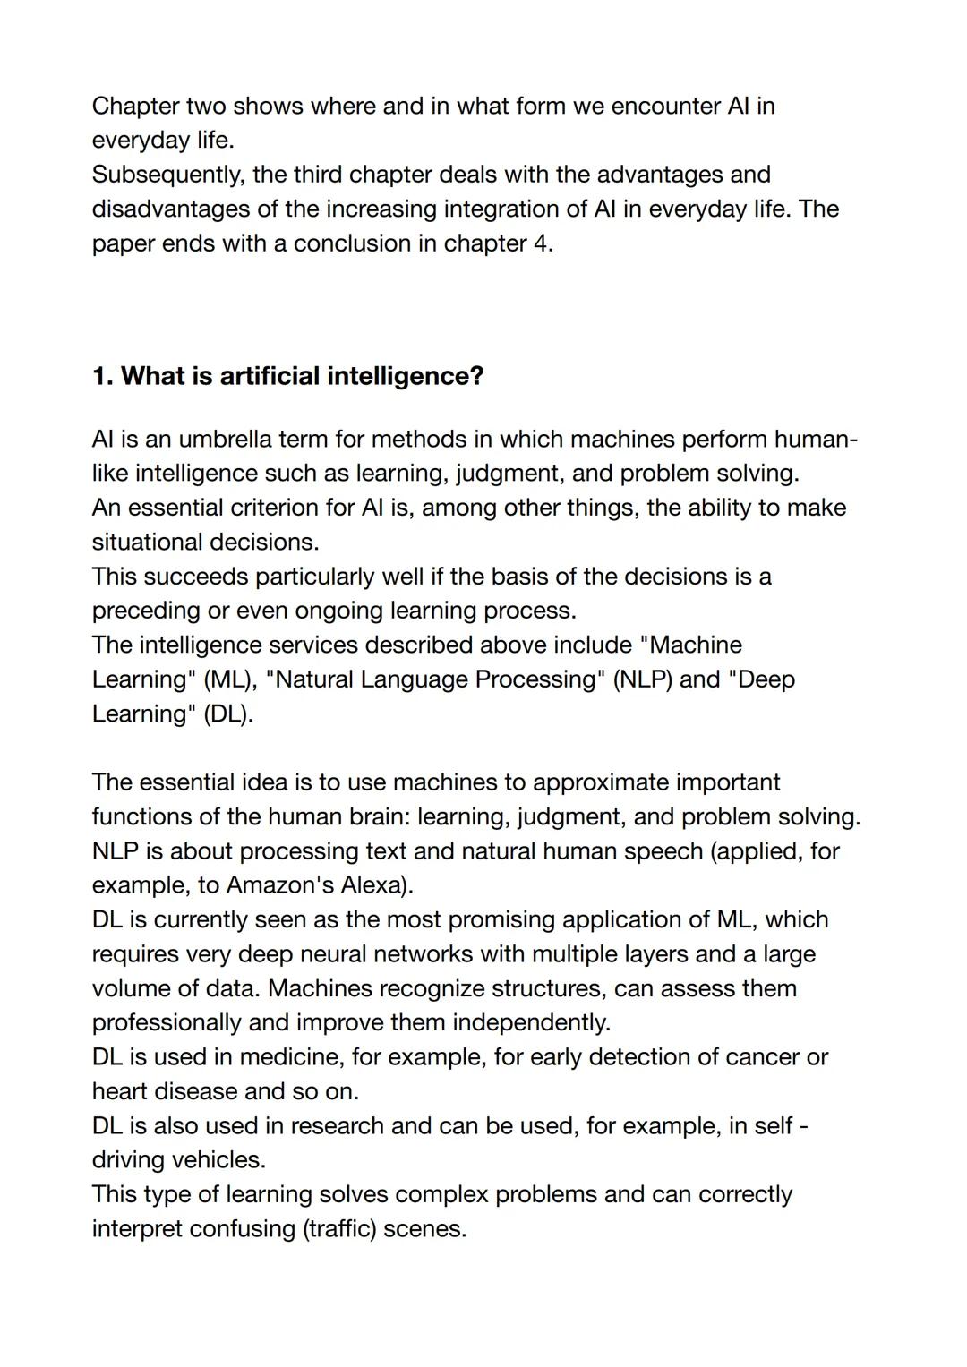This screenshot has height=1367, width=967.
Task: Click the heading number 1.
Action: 101,376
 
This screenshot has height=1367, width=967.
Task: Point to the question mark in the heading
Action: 475,376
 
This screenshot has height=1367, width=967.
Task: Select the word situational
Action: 147,542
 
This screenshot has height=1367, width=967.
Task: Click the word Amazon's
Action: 279,885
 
